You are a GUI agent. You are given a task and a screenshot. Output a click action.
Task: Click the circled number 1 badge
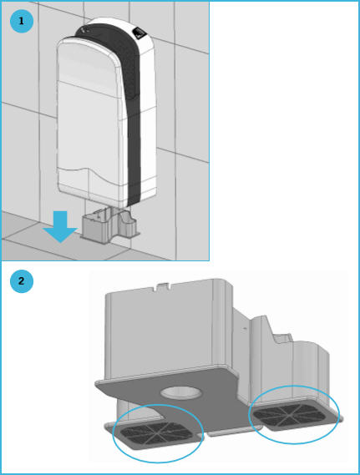click(21, 20)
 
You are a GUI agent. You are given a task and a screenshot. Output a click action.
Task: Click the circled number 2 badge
click(21, 280)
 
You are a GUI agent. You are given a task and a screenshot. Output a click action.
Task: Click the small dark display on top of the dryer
click(139, 34)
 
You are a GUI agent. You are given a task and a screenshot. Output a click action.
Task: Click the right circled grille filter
click(295, 413)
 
